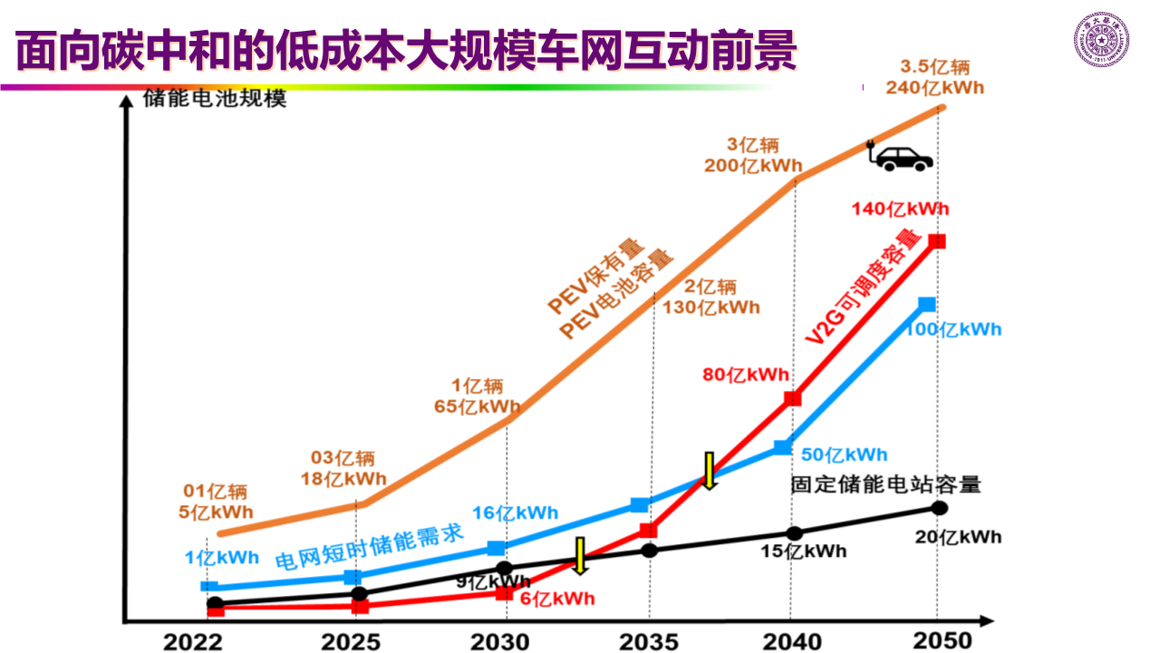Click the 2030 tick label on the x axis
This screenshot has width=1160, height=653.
499,642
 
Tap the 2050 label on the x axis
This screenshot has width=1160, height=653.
942,640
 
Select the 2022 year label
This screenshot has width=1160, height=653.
193,642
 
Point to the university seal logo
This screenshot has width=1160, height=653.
1101,40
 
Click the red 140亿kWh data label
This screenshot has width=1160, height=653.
900,210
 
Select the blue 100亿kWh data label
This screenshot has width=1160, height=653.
953,329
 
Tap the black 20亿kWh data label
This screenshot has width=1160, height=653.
958,537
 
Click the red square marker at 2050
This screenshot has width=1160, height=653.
938,241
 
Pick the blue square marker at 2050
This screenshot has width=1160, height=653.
926,304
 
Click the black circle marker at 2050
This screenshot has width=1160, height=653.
940,508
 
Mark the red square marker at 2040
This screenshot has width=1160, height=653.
793,398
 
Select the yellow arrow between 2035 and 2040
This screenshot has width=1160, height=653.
710,470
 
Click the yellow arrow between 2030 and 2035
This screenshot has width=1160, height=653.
581,555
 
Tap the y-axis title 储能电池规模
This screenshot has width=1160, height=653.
215,98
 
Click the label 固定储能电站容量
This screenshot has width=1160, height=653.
885,484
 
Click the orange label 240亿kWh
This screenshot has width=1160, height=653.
935,88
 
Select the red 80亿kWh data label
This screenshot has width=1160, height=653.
746,375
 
